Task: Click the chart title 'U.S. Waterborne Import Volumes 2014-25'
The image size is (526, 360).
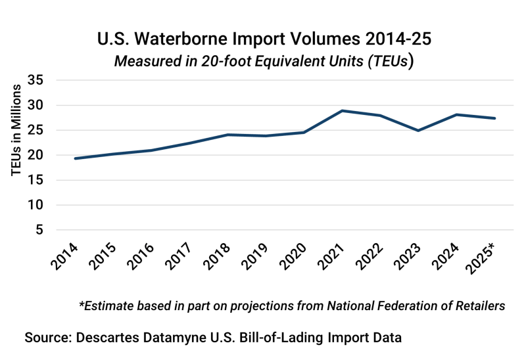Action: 264,39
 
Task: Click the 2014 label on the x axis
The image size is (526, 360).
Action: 64,258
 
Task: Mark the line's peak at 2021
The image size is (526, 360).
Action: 343,111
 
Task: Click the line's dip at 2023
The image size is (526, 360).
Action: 418,131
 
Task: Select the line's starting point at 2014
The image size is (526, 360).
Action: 75,158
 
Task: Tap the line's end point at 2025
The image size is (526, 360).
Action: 494,118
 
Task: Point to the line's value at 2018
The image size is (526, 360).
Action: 227,135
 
